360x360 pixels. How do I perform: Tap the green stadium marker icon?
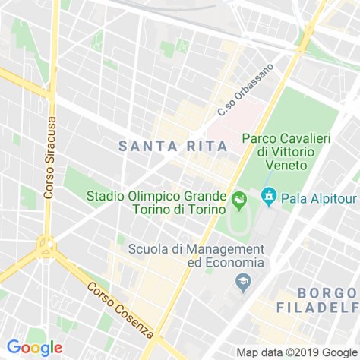[240, 201]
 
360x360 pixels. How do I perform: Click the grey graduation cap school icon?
[243, 284]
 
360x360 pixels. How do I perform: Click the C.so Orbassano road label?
[245, 90]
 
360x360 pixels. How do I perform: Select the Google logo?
[34, 348]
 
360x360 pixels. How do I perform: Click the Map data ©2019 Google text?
[296, 352]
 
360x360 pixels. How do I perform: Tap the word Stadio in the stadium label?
[106, 195]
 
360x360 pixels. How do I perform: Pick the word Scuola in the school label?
[149, 248]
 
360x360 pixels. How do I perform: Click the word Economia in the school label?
[235, 262]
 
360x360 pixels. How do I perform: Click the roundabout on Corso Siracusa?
[46, 246]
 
